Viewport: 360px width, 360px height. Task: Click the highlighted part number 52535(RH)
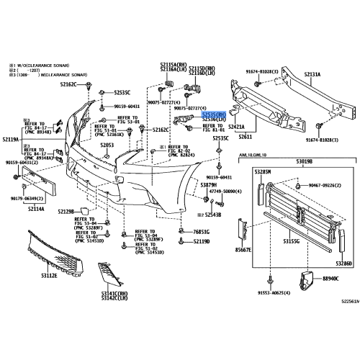[x=213, y=114]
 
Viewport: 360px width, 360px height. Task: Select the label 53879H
[x=209, y=185]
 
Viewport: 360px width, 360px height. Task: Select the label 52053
[x=107, y=145]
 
